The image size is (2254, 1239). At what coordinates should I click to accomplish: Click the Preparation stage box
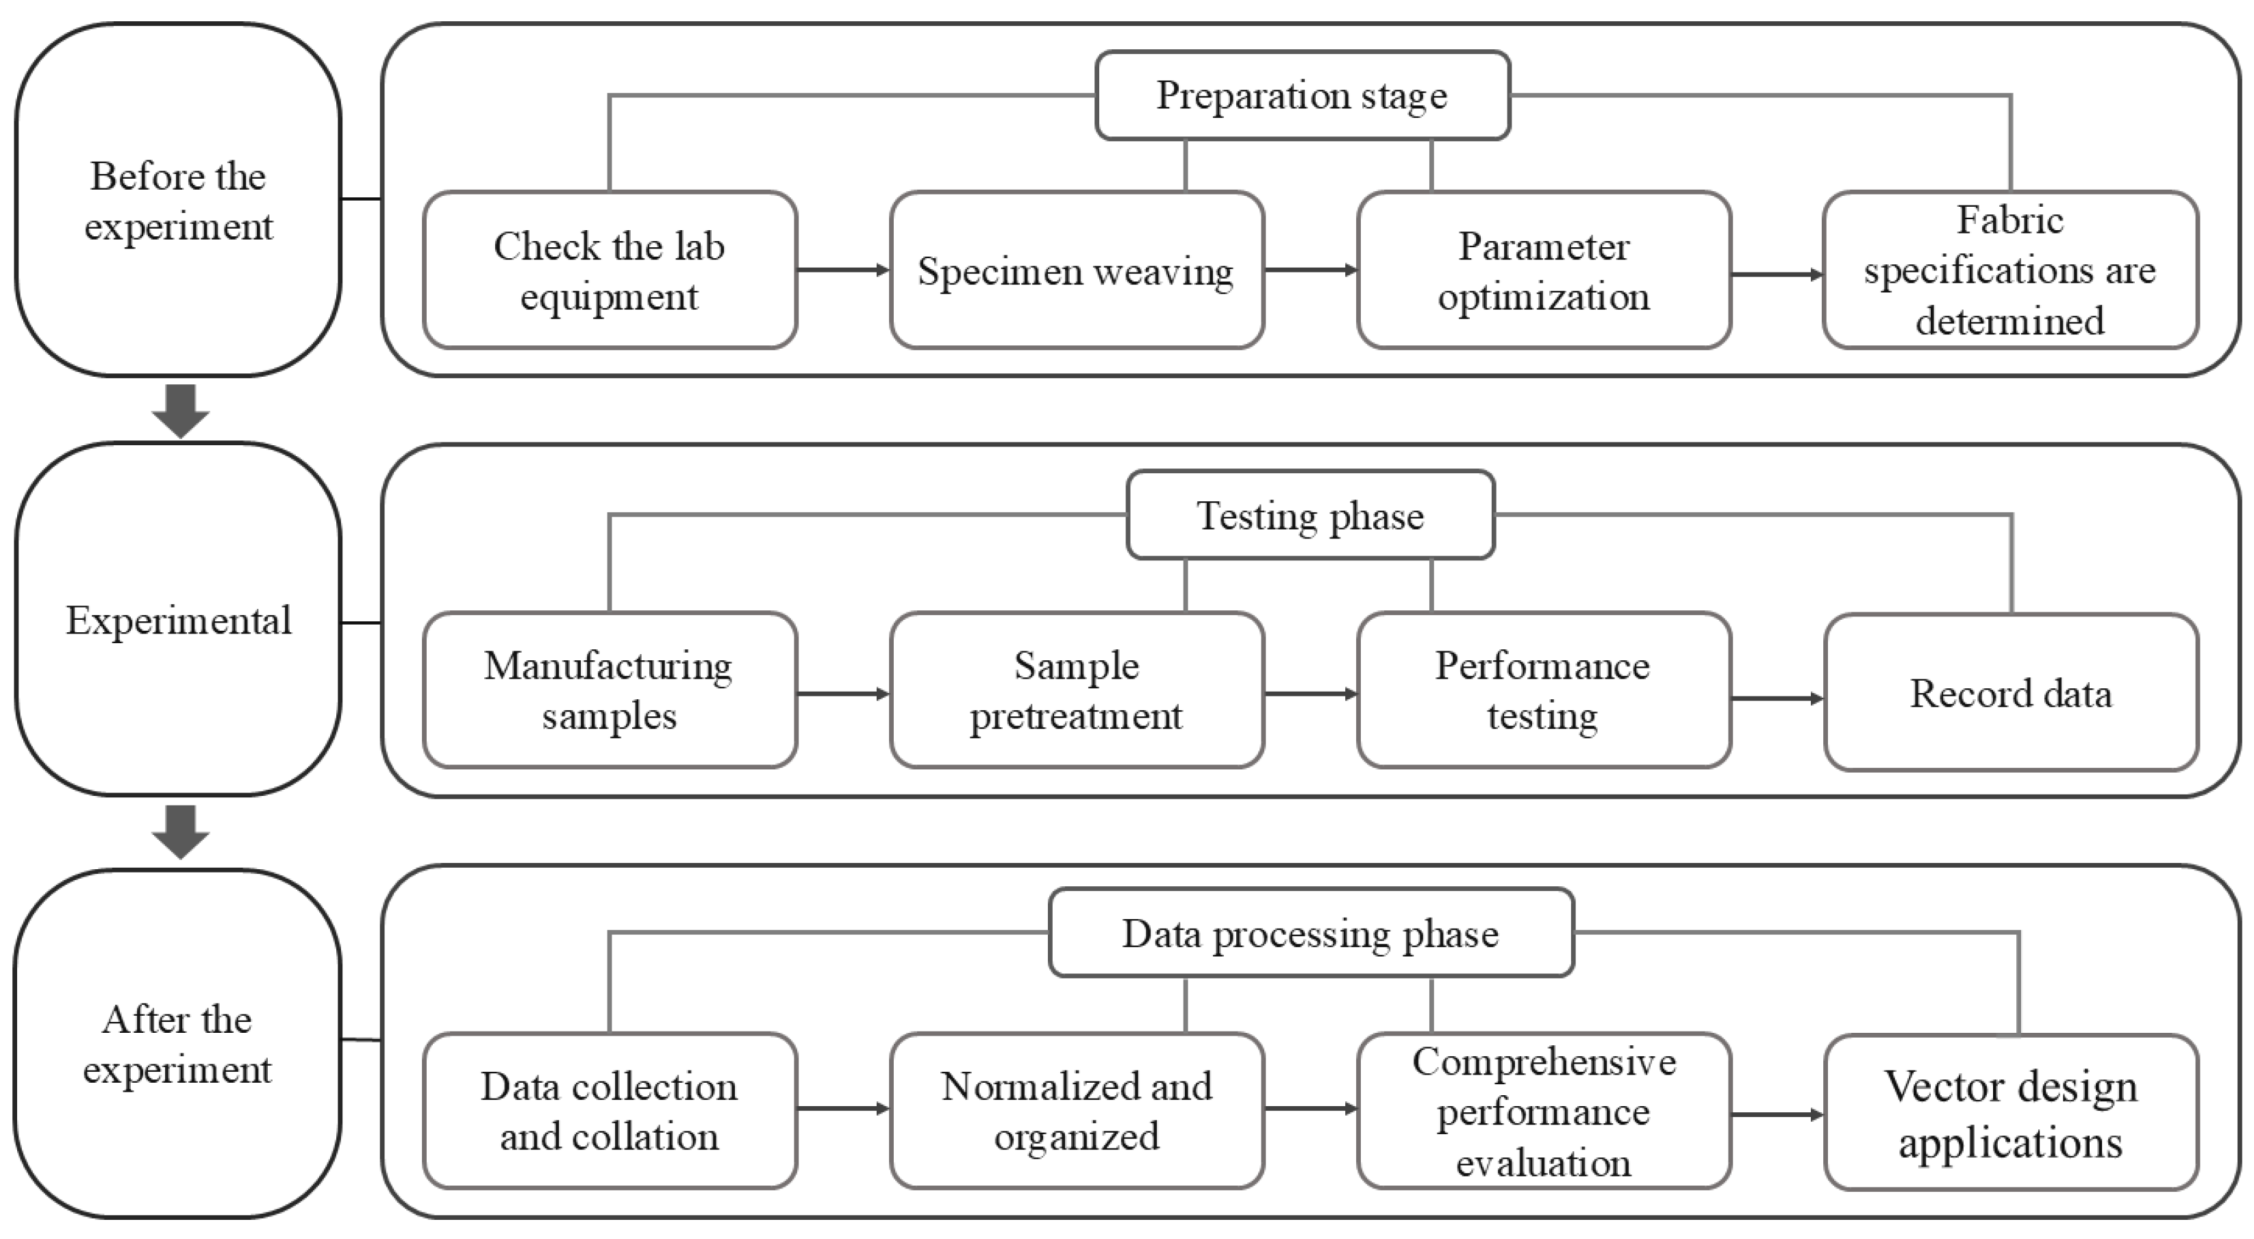[1303, 95]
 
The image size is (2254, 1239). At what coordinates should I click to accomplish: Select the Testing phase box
[1311, 515]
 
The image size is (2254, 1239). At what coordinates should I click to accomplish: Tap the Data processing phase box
[1312, 933]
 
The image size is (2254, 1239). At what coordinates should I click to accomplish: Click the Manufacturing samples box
[610, 690]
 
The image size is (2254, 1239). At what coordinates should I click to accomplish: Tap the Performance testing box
[1544, 690]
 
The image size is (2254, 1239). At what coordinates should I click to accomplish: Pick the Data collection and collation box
[610, 1111]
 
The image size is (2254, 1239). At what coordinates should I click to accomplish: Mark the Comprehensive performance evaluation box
[1544, 1111]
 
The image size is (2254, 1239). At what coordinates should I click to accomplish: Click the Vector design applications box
[2012, 1113]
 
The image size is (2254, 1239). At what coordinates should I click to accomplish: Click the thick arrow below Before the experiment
[180, 410]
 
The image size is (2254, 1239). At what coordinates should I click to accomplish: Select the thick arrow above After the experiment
[180, 832]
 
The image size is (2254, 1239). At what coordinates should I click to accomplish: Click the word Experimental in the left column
[179, 621]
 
